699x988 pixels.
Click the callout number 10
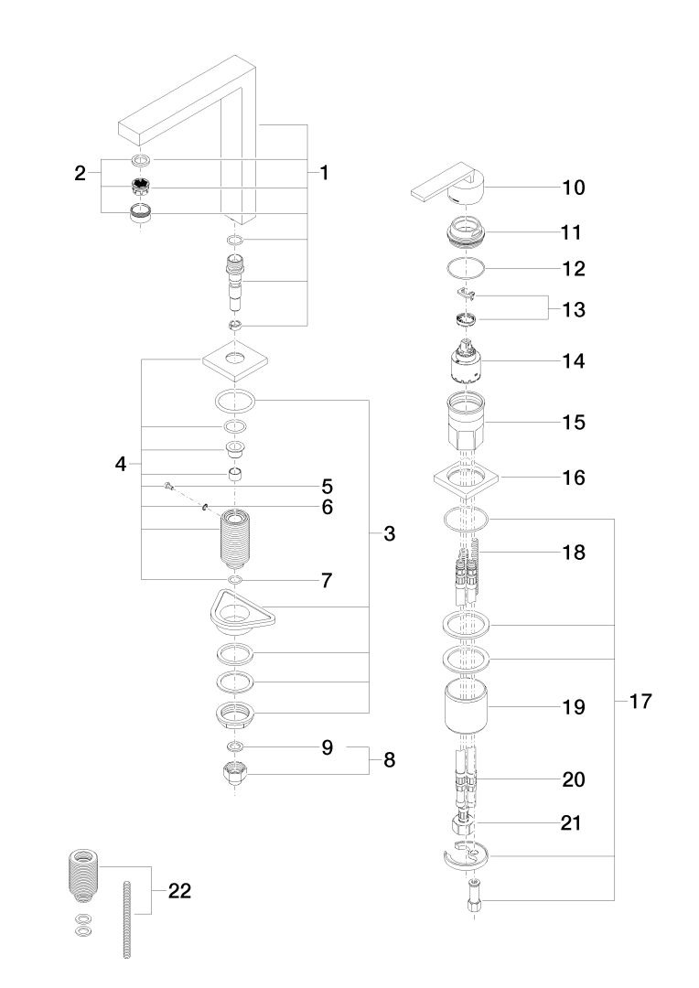[573, 188]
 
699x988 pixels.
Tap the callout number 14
[573, 360]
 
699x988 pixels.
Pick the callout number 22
[179, 891]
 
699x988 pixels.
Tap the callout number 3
[389, 534]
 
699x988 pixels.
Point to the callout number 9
[327, 748]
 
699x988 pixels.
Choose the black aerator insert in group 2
[141, 188]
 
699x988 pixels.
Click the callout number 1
[324, 172]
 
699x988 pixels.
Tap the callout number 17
[640, 703]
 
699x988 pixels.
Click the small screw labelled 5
[169, 485]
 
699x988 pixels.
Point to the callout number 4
[121, 464]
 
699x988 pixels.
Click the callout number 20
[573, 780]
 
